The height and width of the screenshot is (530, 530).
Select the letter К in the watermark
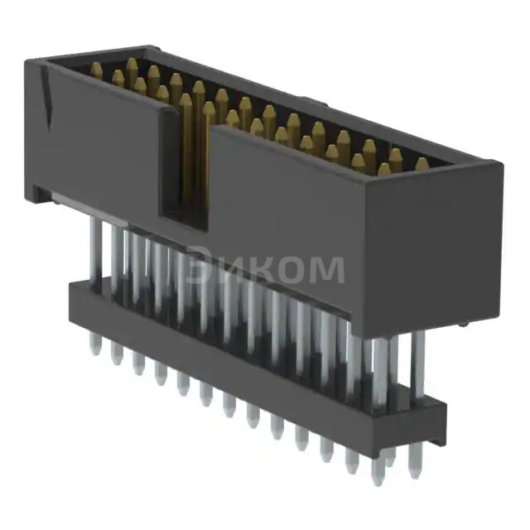click(261, 267)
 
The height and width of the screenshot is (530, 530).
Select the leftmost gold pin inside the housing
click(97, 71)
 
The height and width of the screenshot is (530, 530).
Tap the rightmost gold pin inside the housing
click(422, 164)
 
